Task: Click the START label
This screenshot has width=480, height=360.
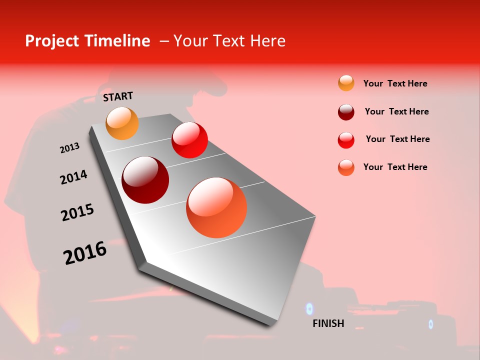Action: coord(118,96)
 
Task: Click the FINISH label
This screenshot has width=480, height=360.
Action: coord(328,323)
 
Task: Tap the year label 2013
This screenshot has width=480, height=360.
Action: coord(69,148)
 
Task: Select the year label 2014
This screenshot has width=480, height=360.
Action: coord(73,177)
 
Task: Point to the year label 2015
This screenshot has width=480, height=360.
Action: coord(77,212)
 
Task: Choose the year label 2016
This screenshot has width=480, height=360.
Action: coord(85,253)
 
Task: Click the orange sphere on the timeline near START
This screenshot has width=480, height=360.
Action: coord(122,123)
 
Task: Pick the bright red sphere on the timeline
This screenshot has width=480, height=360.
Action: coord(189,140)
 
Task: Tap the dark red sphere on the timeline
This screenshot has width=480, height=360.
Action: coord(145,180)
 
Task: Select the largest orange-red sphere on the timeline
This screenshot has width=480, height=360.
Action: coord(216,207)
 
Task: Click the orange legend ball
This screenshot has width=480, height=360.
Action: coord(346,83)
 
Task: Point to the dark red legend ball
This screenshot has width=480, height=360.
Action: coord(346,111)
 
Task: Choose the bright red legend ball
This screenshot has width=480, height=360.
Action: coord(346,140)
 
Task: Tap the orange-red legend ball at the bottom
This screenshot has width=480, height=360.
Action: coord(346,167)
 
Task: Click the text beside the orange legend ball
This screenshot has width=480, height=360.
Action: coord(395,83)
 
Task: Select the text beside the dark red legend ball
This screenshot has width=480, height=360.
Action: coord(396,111)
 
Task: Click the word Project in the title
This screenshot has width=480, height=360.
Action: coord(52,41)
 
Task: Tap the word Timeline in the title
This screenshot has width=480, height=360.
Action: coord(118,41)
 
